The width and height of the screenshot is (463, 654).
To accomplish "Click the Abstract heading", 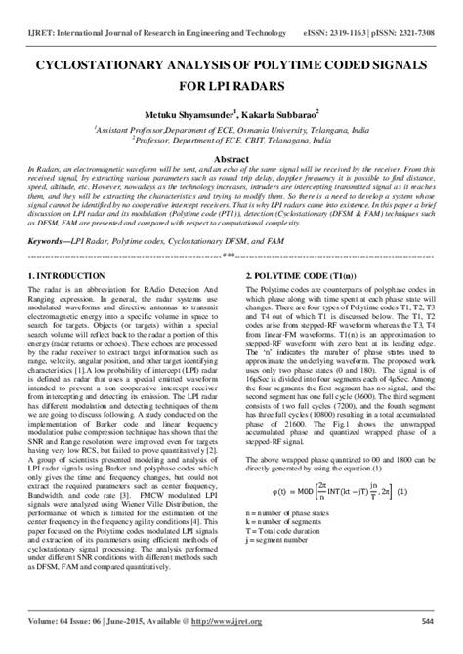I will click(231, 158).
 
